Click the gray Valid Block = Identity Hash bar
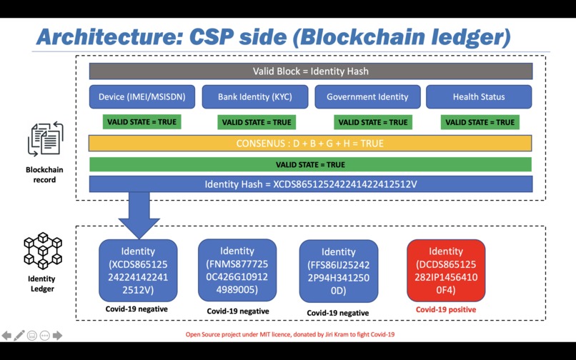click(x=310, y=71)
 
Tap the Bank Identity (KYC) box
click(x=254, y=97)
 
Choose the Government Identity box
click(x=367, y=97)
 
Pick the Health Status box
click(x=479, y=97)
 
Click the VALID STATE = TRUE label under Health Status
click(x=480, y=122)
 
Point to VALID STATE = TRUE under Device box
click(x=141, y=122)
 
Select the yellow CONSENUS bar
click(x=310, y=144)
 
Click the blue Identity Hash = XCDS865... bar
click(x=310, y=184)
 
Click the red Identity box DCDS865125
click(x=446, y=271)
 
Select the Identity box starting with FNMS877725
click(x=237, y=270)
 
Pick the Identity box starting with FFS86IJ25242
click(x=338, y=271)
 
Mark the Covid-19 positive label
click(x=446, y=310)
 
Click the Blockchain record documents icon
click(x=44, y=140)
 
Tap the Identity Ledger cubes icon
click(x=42, y=250)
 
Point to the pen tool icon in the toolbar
click(x=19, y=335)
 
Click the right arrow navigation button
click(x=58, y=335)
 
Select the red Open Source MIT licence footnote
click(x=290, y=334)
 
